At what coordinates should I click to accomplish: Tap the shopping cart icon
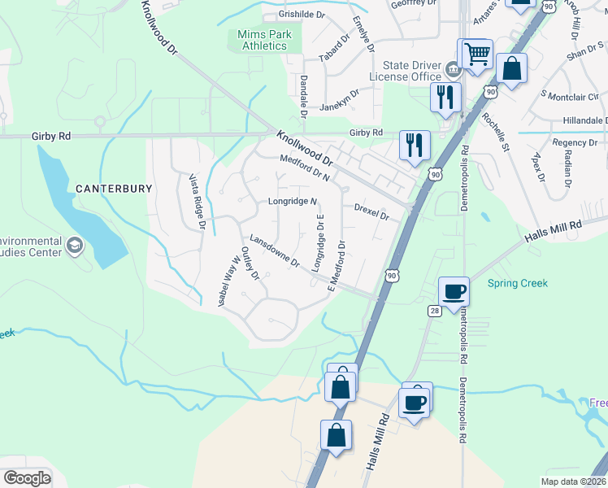coord(477,54)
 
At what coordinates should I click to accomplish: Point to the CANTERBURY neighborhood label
coord(114,189)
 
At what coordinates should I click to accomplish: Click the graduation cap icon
coord(74,246)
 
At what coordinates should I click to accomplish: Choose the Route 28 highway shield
coord(435,310)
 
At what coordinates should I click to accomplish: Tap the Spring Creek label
coord(518,284)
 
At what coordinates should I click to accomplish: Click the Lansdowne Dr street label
coord(275,252)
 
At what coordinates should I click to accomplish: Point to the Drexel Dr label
coord(372,212)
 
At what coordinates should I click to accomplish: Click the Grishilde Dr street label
coord(302,15)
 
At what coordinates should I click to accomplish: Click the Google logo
coord(28,478)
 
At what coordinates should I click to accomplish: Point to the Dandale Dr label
coord(302,97)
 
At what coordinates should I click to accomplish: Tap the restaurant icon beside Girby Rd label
coord(415,146)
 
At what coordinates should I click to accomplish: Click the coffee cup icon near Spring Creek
coord(454,290)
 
